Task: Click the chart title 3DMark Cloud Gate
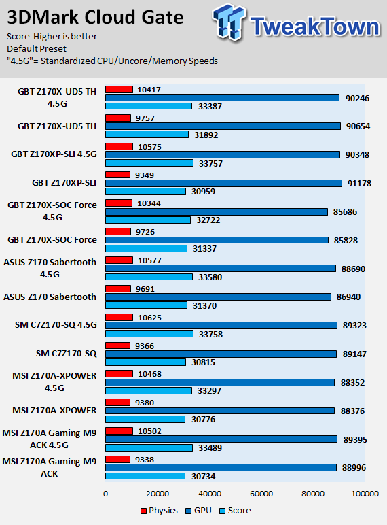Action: click(x=95, y=17)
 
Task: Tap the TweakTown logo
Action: click(x=297, y=22)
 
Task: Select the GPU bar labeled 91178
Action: click(x=223, y=183)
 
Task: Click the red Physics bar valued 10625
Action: click(x=119, y=317)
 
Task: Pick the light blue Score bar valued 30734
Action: click(x=145, y=476)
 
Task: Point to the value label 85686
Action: click(x=345, y=212)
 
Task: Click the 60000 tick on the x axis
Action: click(x=261, y=494)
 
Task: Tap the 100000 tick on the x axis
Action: click(x=365, y=494)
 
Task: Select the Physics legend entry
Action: click(x=159, y=511)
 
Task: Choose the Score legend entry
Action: click(x=235, y=511)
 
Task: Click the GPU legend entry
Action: click(x=198, y=511)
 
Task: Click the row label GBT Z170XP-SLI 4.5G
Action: click(x=54, y=154)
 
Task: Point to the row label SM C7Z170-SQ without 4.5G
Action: click(x=66, y=353)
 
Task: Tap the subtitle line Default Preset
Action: click(x=37, y=48)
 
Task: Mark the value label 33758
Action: click(x=210, y=334)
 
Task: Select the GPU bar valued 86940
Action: click(x=218, y=297)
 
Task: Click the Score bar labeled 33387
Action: click(x=149, y=106)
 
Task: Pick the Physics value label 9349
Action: click(x=145, y=175)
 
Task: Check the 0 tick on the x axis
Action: click(x=106, y=494)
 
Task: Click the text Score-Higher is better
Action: click(x=52, y=36)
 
